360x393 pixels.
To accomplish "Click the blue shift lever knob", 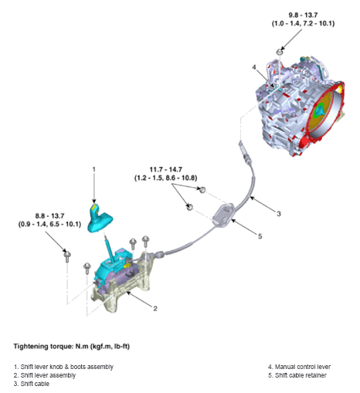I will point(104,218).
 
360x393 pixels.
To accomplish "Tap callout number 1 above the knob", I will point(93,168).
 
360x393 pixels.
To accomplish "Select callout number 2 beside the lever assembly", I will point(155,308).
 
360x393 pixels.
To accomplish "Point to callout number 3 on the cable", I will point(280,212).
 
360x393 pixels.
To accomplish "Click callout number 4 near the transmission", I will point(253,67).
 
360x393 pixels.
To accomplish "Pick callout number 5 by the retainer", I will point(260,236).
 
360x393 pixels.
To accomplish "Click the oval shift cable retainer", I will point(222,213).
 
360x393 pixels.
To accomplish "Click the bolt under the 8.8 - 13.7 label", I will point(68,253).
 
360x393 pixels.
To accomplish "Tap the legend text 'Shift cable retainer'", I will point(298,374).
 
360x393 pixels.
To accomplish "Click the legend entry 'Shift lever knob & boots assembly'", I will point(63,366).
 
